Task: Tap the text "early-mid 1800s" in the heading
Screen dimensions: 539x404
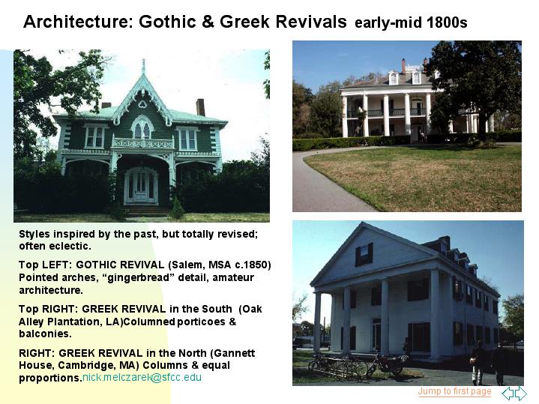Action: tap(411, 22)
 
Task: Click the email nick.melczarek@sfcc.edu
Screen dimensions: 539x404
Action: tap(142, 377)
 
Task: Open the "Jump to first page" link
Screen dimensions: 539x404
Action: tap(454, 391)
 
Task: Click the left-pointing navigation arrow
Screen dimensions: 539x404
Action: tap(508, 393)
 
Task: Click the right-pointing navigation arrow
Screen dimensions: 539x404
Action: tap(520, 393)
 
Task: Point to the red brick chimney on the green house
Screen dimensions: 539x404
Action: tap(200, 107)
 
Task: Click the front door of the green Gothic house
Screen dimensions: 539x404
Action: tap(141, 187)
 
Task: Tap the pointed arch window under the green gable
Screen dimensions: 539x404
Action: tap(142, 127)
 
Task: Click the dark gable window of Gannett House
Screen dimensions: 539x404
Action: tap(364, 254)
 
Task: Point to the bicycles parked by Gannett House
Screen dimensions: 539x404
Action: tap(358, 366)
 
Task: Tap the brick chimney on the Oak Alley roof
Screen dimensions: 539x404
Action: tap(403, 66)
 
